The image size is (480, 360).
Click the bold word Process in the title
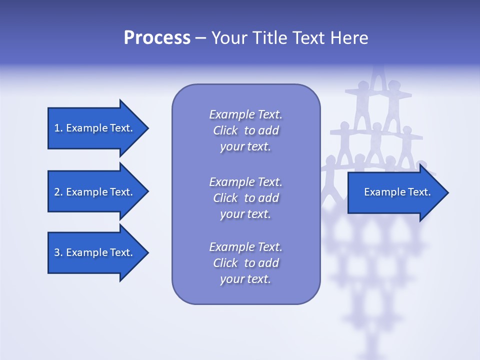(x=157, y=38)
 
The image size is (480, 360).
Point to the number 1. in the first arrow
(x=58, y=128)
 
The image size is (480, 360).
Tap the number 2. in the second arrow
(x=58, y=192)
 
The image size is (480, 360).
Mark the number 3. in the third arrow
(x=58, y=252)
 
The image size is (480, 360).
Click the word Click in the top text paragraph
(x=225, y=131)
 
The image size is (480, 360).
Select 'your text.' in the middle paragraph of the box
(x=245, y=214)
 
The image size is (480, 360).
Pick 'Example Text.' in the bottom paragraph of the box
(x=245, y=247)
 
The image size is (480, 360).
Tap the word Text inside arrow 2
(x=120, y=192)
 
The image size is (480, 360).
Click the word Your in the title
(x=229, y=38)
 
